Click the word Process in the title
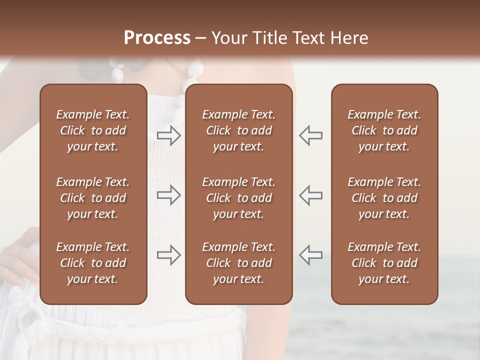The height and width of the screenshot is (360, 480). (157, 38)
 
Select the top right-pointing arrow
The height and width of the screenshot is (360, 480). (169, 135)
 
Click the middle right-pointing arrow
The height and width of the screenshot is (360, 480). (169, 195)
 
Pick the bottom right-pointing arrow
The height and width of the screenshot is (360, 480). (169, 255)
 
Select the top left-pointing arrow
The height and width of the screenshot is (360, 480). (310, 135)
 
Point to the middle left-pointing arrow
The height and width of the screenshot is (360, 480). (310, 195)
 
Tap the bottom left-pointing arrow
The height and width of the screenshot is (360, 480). (310, 255)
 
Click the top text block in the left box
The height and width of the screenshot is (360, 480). (93, 130)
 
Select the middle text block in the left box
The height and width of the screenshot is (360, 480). (93, 198)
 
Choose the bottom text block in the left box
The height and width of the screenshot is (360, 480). (93, 263)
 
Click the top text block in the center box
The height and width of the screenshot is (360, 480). (238, 130)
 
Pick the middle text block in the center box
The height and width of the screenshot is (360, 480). (238, 198)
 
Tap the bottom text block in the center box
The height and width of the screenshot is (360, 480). (238, 263)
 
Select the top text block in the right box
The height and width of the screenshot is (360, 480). (384, 130)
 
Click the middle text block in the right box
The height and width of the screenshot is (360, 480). (384, 198)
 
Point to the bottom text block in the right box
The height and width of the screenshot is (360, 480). (384, 263)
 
